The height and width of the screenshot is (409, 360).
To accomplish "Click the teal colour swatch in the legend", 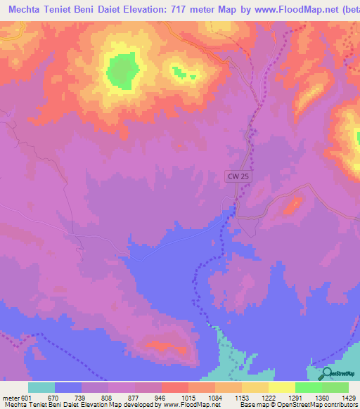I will pos(41,387).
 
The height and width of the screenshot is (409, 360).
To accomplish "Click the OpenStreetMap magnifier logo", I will pos(325,375).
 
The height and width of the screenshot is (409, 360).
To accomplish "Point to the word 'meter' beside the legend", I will pos(10,398).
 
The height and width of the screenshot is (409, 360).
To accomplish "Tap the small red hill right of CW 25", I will pos(292,204).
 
